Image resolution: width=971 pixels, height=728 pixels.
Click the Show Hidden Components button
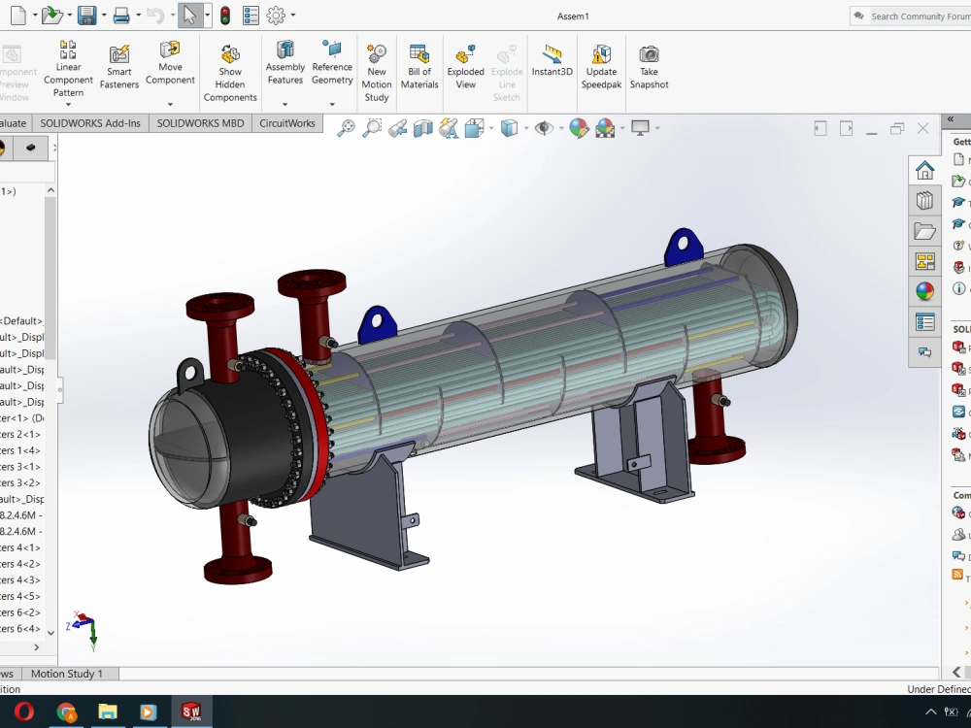click(230, 72)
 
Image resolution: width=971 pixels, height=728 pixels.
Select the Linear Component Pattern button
click(68, 68)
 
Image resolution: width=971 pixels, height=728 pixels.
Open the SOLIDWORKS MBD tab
click(200, 123)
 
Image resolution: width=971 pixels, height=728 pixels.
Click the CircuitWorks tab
click(287, 123)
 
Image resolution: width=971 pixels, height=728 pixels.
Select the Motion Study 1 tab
click(66, 674)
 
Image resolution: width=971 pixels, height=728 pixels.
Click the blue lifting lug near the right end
click(684, 247)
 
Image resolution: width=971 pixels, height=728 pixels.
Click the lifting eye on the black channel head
click(189, 372)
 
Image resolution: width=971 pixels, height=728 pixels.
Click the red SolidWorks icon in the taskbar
click(190, 711)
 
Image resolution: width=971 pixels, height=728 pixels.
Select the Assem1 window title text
click(573, 17)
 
